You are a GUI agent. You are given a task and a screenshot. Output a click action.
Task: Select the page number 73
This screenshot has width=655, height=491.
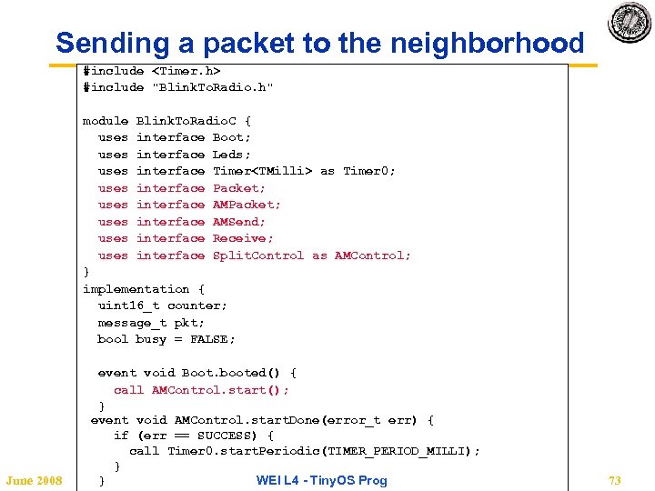click(614, 480)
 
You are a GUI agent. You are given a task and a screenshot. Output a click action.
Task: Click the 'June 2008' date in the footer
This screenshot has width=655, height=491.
click(34, 480)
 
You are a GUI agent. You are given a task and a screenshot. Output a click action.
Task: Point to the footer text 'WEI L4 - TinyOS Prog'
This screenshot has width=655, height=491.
click(321, 480)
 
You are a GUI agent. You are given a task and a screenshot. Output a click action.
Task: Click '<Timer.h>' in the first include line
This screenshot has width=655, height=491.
click(186, 70)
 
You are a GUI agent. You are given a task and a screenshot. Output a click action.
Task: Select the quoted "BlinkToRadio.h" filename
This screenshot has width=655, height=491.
click(213, 87)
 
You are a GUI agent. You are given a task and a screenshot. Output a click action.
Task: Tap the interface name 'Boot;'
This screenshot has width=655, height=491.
click(232, 137)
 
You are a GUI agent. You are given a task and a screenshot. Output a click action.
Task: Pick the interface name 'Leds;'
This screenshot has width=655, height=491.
click(232, 155)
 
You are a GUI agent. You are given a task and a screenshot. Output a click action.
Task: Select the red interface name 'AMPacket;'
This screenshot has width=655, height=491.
click(247, 205)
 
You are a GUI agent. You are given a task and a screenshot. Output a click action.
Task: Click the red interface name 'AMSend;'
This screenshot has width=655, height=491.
click(239, 222)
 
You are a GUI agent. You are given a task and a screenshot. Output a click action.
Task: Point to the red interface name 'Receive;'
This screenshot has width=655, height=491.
click(243, 238)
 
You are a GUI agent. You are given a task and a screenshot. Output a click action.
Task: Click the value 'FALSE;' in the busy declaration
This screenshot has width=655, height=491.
click(213, 339)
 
